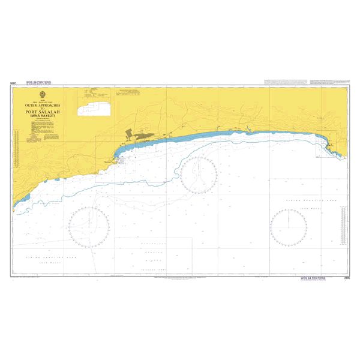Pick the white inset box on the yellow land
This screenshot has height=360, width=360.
click(98, 108)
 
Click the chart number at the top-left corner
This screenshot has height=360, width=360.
click(13, 82)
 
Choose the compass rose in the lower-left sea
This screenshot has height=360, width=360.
click(89, 227)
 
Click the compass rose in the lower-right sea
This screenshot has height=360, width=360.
click(289, 227)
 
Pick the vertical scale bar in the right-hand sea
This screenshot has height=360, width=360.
click(343, 225)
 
